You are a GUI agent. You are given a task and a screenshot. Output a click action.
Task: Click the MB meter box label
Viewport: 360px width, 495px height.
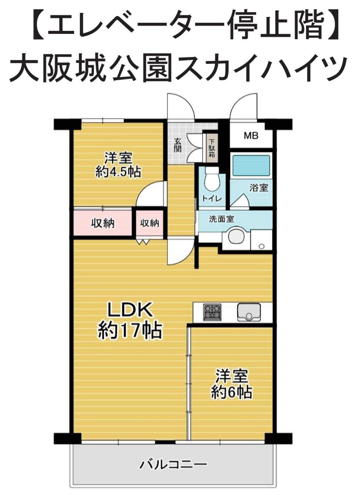tap(251, 136)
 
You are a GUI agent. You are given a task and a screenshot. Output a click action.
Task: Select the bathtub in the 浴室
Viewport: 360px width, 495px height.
tap(251, 166)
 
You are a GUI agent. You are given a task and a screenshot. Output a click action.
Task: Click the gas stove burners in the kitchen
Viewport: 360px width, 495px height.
tap(212, 312)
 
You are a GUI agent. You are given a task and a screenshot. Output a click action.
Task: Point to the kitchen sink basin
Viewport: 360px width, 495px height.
tap(249, 312)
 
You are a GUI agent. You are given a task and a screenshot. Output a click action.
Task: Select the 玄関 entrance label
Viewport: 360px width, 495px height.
tap(178, 145)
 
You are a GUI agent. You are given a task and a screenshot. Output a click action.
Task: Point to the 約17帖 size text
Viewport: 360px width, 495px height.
tap(130, 330)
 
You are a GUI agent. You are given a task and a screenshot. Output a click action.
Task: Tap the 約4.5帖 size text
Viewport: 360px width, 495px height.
tap(118, 172)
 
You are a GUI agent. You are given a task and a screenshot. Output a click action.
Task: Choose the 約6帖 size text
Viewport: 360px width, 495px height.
tap(232, 393)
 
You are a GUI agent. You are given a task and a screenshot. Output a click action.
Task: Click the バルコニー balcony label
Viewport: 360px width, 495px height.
tap(174, 464)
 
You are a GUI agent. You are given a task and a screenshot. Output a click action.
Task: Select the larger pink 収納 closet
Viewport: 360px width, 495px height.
tap(103, 223)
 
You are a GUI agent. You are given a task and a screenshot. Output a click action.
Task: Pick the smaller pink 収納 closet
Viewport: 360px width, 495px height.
tap(150, 224)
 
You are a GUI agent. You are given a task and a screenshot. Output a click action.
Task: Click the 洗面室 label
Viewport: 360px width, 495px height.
tap(222, 219)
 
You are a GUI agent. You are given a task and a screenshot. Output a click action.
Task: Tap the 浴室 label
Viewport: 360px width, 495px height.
tap(259, 188)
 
